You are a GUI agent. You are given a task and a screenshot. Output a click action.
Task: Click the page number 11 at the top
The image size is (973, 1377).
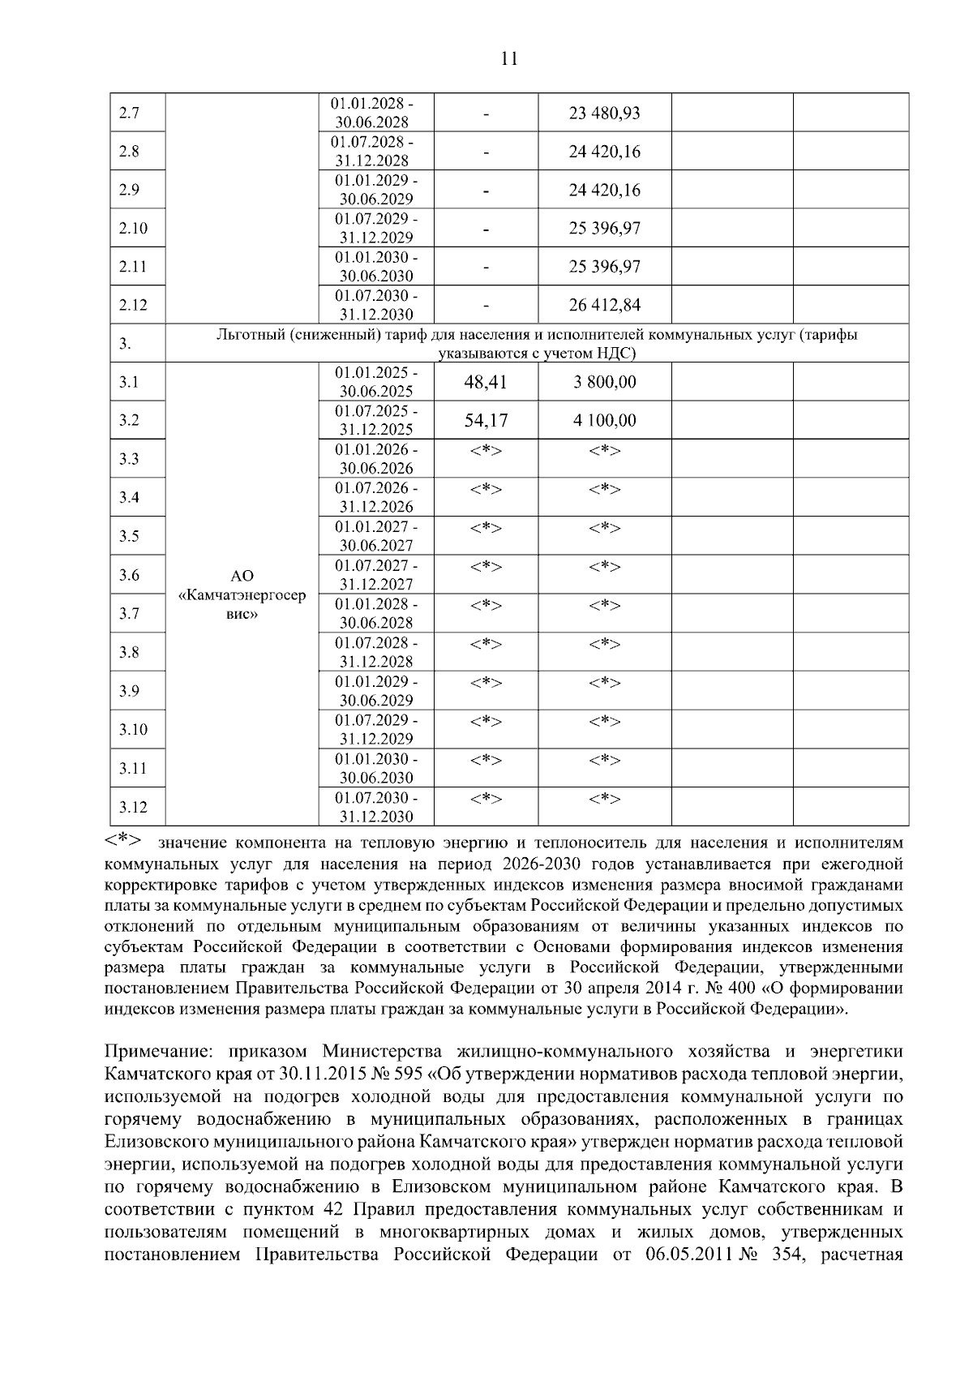tap(509, 58)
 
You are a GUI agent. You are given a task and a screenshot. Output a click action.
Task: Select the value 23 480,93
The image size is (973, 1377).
tap(604, 113)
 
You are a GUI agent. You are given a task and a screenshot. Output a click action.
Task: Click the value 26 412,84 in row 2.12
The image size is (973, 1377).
tap(604, 305)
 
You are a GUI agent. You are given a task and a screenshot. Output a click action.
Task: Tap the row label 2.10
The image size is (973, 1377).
tap(133, 228)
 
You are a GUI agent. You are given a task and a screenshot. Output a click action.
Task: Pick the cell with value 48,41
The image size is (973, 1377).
tap(485, 382)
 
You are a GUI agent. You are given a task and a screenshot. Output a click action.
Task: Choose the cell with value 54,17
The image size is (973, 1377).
tap(485, 420)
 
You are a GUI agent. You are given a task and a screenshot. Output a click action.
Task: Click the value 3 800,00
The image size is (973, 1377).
tap(604, 382)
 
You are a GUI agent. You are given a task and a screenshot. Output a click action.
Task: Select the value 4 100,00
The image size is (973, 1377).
tap(604, 420)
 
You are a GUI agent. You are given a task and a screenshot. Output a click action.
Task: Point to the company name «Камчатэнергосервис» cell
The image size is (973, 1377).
tap(242, 594)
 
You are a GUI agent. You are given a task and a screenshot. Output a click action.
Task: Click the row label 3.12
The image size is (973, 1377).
tap(133, 807)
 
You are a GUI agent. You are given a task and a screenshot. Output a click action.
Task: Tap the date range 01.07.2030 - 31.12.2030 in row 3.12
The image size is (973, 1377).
tap(376, 807)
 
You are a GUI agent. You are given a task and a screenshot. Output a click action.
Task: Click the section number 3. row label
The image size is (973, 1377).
tap(125, 344)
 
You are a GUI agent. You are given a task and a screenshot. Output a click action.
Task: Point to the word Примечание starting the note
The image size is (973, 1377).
tap(159, 1052)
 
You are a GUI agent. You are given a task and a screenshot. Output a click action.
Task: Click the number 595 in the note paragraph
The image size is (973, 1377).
tap(403, 1075)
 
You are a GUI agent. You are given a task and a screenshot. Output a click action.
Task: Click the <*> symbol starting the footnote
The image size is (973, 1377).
tap(124, 840)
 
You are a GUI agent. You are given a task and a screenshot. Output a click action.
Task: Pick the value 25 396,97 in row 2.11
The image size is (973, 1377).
tap(604, 267)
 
